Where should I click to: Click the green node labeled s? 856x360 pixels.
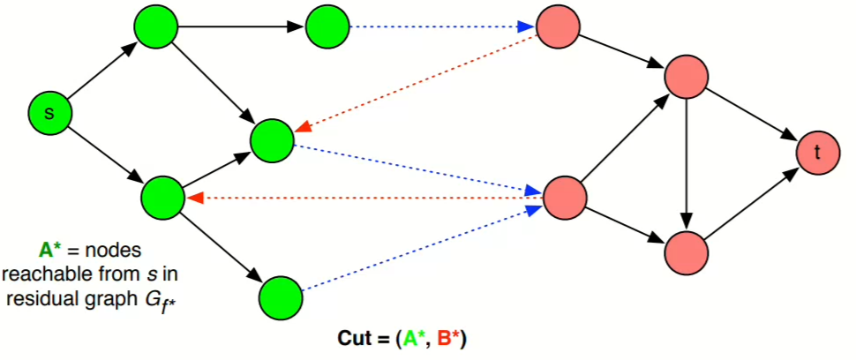tap(49, 113)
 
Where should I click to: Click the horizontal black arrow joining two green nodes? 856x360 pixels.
tap(244, 27)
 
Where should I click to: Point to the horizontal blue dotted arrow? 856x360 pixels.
tap(438, 27)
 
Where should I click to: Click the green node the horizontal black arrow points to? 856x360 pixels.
tap(327, 27)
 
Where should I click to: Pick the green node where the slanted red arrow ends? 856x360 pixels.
tap(272, 139)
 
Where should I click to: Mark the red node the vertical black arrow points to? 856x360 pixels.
tap(687, 251)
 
